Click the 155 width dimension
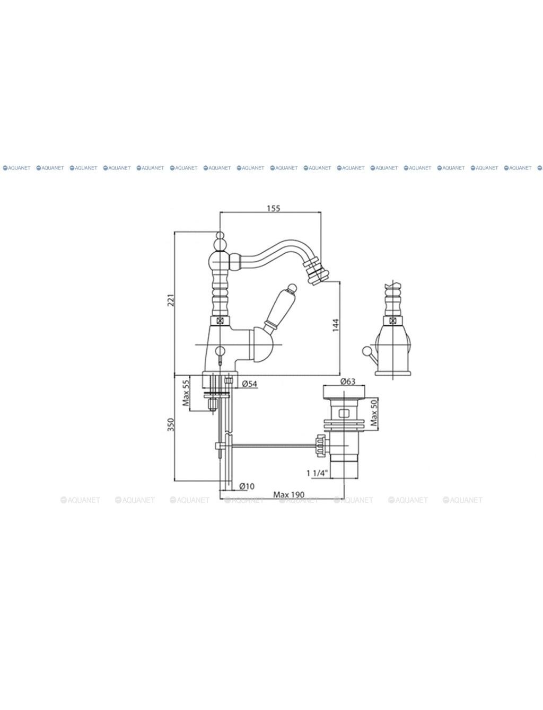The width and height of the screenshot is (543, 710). [x=274, y=208]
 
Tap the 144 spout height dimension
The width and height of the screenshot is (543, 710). [x=335, y=325]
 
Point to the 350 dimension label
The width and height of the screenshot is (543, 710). [x=171, y=425]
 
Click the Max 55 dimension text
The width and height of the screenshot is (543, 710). [x=186, y=393]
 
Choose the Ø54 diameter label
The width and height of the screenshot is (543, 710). [x=250, y=384]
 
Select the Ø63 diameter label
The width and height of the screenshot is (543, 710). [x=348, y=381]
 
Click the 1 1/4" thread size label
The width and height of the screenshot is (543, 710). [x=317, y=473]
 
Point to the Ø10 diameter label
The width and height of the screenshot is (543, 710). [x=247, y=495]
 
